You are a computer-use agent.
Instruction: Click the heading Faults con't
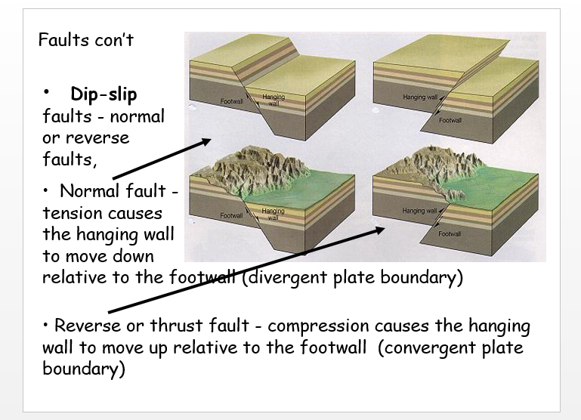click(x=85, y=39)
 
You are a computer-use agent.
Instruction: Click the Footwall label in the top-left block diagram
click(x=231, y=101)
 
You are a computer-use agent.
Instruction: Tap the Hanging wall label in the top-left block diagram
click(x=274, y=100)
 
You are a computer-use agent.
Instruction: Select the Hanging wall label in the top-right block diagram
click(x=421, y=97)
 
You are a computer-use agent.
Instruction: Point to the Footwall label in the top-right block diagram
click(x=450, y=120)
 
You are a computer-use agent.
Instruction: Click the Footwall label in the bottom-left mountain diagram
click(x=231, y=215)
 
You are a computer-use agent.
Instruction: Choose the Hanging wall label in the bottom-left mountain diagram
click(x=274, y=214)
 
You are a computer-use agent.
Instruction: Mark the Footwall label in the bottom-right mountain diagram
click(x=450, y=234)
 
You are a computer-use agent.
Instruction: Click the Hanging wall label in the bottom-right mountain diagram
click(x=420, y=211)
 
